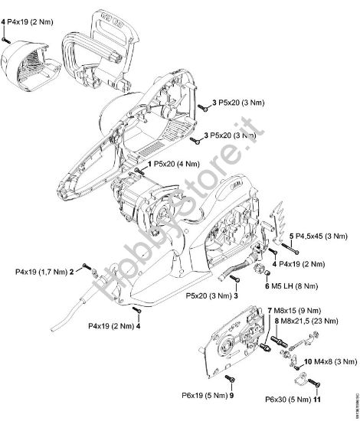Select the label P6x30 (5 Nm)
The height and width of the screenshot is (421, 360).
(x=288, y=399)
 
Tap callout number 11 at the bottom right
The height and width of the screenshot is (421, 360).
(x=316, y=399)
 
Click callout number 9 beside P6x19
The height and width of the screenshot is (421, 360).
(x=231, y=396)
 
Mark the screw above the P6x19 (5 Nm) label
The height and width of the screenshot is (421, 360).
(x=227, y=379)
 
